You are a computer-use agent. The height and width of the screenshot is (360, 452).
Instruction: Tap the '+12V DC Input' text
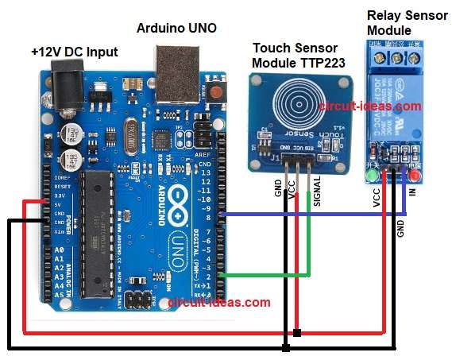tap(74, 52)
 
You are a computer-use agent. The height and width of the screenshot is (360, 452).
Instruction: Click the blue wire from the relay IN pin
tap(318, 215)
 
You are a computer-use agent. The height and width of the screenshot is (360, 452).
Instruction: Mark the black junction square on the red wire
tap(296, 332)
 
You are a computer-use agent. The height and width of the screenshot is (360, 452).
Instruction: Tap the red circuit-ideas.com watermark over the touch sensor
tap(369, 106)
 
